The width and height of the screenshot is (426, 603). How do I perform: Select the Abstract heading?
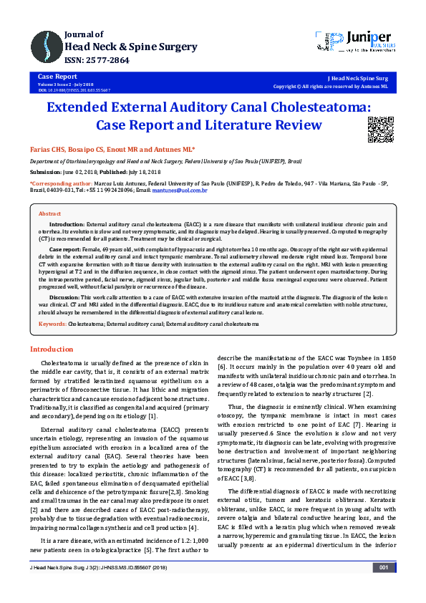point(49,214)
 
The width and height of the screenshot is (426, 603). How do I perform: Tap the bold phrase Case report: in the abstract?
point(68,248)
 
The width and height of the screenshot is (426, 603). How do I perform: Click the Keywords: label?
point(52,324)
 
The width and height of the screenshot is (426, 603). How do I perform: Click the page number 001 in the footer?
point(383,588)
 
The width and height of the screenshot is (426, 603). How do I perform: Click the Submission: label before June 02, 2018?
point(46,173)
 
